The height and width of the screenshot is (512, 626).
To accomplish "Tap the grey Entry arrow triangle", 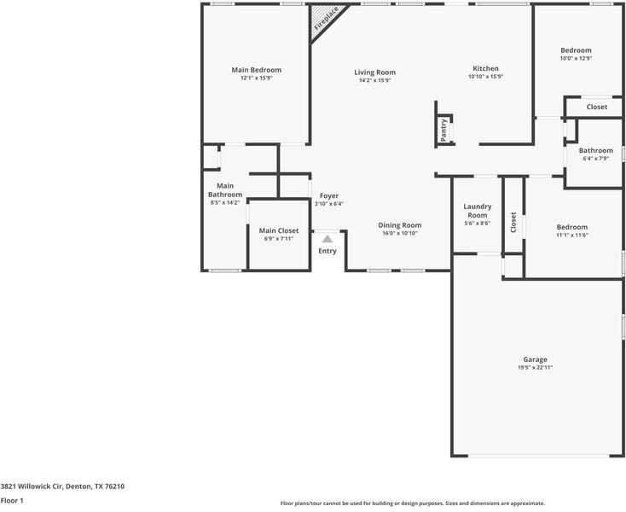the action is (x=327, y=239).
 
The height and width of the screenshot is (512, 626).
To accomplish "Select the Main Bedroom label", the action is (x=257, y=70).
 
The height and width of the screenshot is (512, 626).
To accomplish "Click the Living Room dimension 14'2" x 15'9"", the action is (x=375, y=80).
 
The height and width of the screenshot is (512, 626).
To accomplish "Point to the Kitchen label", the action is (x=486, y=68).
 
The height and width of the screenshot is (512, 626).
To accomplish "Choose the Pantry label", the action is (x=443, y=130).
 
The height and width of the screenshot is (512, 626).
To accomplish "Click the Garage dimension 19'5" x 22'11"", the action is (x=535, y=368).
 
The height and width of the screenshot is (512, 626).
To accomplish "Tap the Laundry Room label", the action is (x=478, y=211).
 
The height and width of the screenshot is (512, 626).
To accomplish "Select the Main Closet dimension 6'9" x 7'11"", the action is (x=279, y=239).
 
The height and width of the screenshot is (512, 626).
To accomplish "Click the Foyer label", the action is (x=329, y=196).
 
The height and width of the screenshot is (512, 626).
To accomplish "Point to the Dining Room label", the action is (x=400, y=225).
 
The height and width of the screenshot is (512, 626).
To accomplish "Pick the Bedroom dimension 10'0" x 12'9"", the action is (x=576, y=58).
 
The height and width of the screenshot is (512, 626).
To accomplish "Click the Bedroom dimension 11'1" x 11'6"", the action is (x=572, y=236).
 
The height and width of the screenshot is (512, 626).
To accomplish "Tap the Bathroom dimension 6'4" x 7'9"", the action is (x=595, y=159).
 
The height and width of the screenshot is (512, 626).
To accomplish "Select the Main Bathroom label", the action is (x=225, y=190).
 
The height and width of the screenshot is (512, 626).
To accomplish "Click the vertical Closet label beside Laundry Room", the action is (x=513, y=222).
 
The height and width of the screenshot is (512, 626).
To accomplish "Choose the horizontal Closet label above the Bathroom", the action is (x=597, y=107).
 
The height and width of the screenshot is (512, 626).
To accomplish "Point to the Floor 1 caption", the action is (x=12, y=500).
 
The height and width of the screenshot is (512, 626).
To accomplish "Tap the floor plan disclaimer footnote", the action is (x=413, y=503).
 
